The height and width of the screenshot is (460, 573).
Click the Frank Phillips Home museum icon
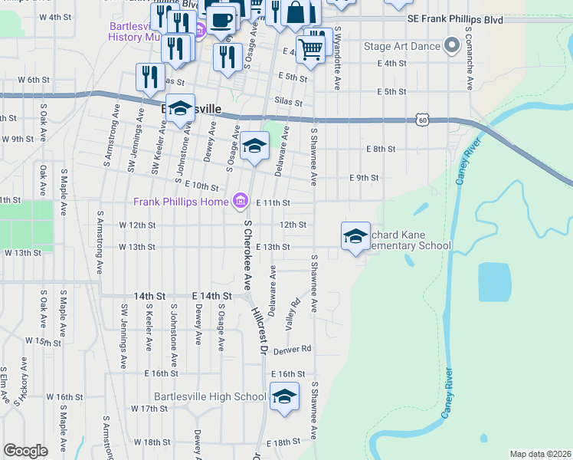coord(241,202)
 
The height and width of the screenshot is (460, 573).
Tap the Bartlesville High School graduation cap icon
coord(284,396)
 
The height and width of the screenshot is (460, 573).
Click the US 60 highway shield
coord(423,119)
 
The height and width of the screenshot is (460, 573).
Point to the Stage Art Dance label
coord(402,47)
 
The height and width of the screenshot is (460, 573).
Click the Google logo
coord(25,451)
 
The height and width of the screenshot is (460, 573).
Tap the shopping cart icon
coord(310,50)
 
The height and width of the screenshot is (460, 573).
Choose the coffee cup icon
coord(221,19)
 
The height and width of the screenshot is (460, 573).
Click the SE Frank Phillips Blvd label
coord(455,18)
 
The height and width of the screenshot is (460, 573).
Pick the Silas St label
coord(287,102)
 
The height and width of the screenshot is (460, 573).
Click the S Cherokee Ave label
coord(247,254)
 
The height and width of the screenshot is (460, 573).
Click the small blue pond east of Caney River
coord(494,281)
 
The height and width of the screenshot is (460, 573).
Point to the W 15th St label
coord(42,340)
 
